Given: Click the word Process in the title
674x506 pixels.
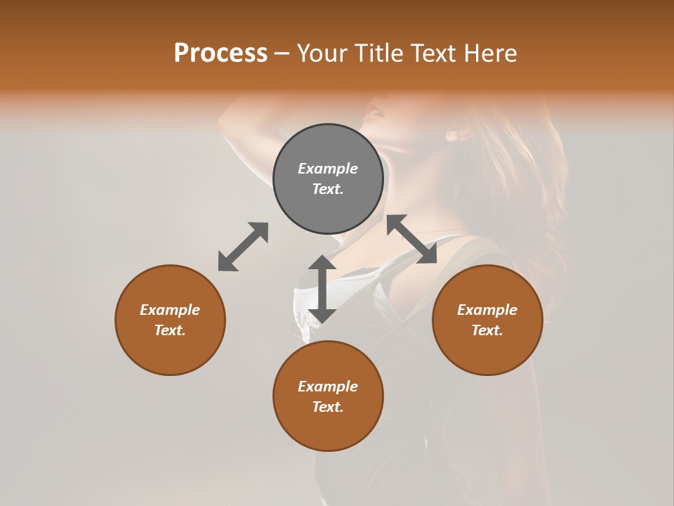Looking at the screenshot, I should pyautogui.click(x=220, y=53).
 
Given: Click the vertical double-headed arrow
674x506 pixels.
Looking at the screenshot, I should pyautogui.click(x=322, y=289).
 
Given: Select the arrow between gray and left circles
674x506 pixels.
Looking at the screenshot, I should pyautogui.click(x=243, y=247).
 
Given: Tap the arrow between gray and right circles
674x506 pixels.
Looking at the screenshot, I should pyautogui.click(x=411, y=239).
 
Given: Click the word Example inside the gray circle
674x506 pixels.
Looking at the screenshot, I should pyautogui.click(x=328, y=169).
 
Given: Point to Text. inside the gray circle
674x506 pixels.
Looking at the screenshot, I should pyautogui.click(x=328, y=189).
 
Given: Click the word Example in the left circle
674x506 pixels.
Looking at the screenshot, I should pyautogui.click(x=170, y=310).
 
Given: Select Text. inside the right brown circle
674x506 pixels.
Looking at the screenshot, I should pyautogui.click(x=487, y=330).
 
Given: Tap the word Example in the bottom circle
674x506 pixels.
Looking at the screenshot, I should pyautogui.click(x=328, y=387).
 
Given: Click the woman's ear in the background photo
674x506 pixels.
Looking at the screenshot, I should pyautogui.click(x=459, y=132).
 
